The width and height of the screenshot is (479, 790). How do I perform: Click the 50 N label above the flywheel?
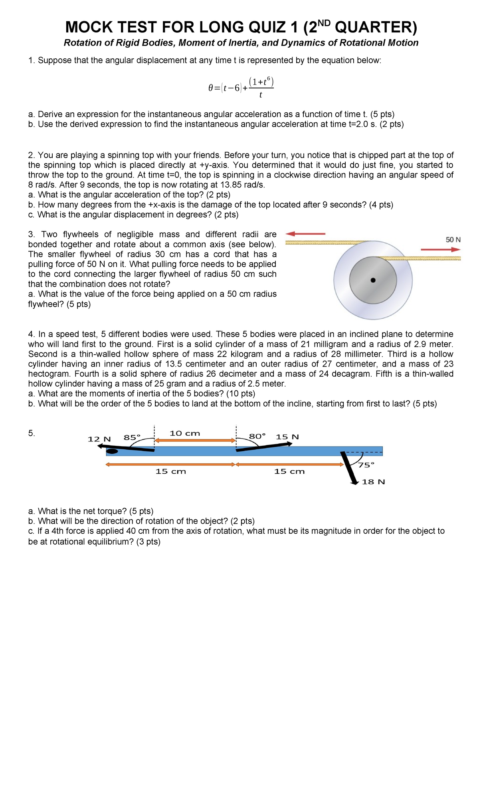[x=453, y=240]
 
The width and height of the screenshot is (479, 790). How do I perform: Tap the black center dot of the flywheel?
[x=373, y=280]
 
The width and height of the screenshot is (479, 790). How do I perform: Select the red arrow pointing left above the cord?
[x=306, y=233]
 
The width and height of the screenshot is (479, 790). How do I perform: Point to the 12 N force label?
[x=99, y=439]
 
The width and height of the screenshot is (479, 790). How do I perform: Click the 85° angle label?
[x=132, y=437]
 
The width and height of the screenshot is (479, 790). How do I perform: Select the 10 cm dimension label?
[x=185, y=433]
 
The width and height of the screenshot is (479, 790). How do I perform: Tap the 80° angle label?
[x=257, y=436]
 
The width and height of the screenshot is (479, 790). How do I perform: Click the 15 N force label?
[x=287, y=437]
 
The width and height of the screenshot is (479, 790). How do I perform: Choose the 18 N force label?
[x=373, y=482]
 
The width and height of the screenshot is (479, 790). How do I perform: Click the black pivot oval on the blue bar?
[x=112, y=451]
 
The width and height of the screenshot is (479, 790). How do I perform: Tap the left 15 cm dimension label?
[x=171, y=471]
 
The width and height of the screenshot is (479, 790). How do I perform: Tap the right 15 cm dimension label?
[x=289, y=471]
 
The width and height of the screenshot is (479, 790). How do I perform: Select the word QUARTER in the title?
[x=374, y=27]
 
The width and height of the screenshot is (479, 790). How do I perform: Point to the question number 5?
[x=32, y=433]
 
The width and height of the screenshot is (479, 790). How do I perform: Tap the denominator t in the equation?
[x=261, y=95]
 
